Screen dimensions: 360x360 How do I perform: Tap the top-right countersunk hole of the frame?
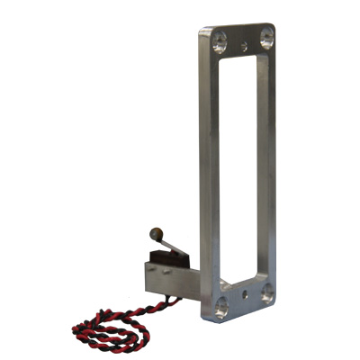click(265, 35)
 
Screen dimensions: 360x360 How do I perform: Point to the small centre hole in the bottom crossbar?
click(243, 293)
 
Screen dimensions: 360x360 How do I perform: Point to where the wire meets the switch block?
click(167, 292)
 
